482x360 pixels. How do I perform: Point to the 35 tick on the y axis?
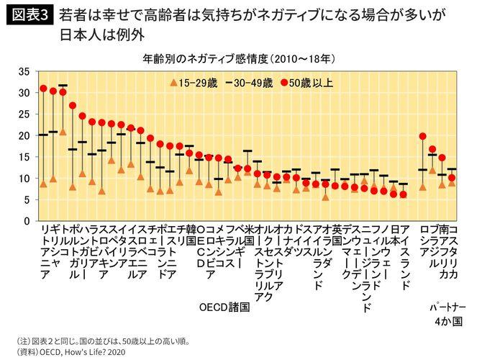click(22, 71)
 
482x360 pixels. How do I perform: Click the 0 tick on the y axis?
click(25, 220)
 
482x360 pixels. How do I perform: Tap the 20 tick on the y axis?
click(22, 135)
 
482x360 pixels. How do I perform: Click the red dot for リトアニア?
click(43, 89)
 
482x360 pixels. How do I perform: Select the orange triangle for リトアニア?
click(43, 184)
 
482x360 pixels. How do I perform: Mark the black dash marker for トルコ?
click(63, 86)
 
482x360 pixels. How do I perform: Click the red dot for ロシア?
click(422, 136)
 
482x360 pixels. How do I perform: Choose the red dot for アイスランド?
click(404, 194)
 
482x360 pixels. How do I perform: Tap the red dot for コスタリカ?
click(452, 177)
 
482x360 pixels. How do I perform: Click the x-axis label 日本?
click(394, 233)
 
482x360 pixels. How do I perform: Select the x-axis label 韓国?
click(191, 233)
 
